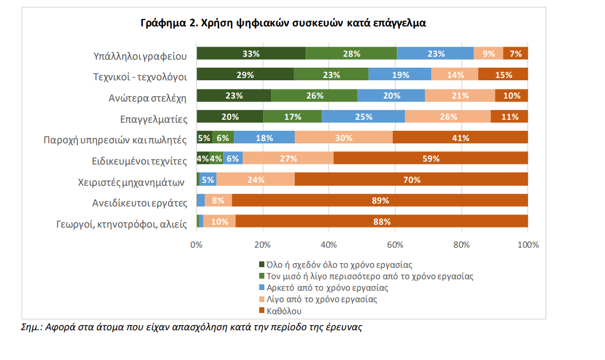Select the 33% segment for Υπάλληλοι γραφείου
point(251,54)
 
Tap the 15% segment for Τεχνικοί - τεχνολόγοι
point(503,75)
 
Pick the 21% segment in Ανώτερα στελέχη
point(460,96)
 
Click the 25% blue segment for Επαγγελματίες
point(364,117)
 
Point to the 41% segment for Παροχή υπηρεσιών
point(460,138)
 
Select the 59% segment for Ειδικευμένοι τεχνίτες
point(431,159)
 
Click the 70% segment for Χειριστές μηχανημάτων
point(411,179)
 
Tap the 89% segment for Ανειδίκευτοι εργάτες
point(380,201)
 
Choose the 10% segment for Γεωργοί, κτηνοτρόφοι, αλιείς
point(220,221)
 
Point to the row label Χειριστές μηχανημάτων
point(131,183)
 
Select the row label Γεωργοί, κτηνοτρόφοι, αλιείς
point(122,224)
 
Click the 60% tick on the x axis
point(395,245)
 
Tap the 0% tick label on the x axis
point(197,245)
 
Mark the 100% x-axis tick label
point(528,245)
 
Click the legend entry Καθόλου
point(283,311)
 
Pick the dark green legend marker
point(261,264)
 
